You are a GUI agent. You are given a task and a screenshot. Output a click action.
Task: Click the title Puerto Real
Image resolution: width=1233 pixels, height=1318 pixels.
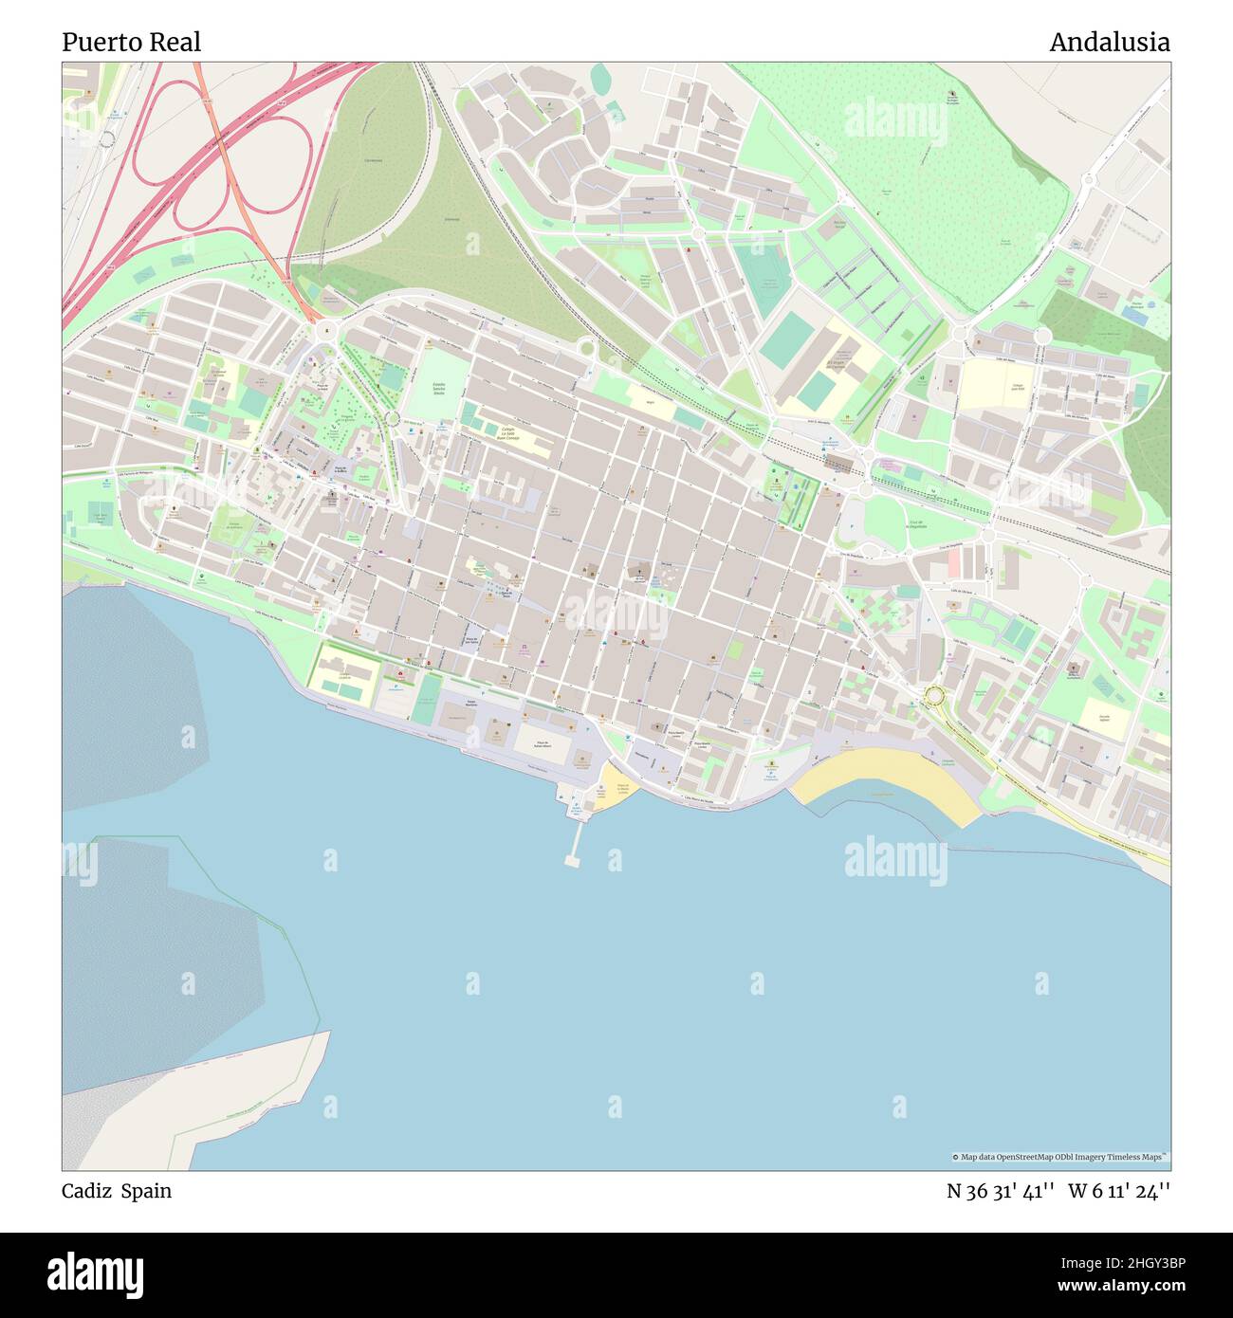[x=131, y=43]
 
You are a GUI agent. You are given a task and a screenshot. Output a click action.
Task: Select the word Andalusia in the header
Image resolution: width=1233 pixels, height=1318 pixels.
[x=1109, y=43]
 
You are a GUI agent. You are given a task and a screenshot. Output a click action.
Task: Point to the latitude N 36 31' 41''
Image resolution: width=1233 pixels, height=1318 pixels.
[x=1001, y=1191]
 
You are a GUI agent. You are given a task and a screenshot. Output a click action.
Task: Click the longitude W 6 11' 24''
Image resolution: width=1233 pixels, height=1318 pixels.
[x=1119, y=1191]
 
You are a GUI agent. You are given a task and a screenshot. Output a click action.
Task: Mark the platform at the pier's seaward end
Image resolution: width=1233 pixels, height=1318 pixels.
[x=572, y=861]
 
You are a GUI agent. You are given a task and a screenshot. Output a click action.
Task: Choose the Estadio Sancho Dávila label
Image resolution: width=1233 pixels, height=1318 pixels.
[x=438, y=389]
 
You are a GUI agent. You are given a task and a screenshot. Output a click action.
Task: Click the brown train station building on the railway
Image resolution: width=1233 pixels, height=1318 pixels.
[x=839, y=462]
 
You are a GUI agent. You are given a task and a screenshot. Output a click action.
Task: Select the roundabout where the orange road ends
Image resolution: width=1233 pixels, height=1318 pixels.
[x=326, y=330]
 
